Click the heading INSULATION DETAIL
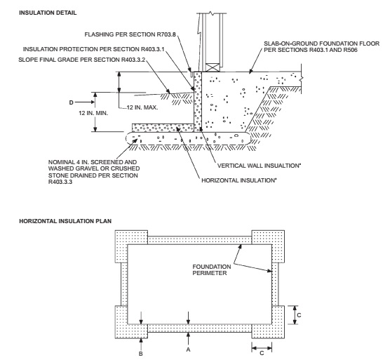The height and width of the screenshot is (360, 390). [48, 13]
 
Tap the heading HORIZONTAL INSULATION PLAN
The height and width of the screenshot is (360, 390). [65, 221]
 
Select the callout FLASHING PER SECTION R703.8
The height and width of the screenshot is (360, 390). [130, 34]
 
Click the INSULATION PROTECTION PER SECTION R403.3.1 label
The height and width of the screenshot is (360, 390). [94, 49]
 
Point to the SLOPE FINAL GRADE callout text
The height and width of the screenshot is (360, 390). [81, 60]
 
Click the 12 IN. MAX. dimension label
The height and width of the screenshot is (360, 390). [142, 107]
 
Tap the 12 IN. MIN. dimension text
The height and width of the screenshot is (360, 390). [93, 113]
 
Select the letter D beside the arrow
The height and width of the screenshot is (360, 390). [71, 102]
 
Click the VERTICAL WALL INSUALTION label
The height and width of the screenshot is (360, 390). [259, 166]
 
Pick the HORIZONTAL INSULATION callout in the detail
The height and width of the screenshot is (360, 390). [239, 180]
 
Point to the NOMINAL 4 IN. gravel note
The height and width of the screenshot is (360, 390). [94, 172]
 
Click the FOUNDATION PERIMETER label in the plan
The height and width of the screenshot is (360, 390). [212, 270]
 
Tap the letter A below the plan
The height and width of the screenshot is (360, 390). [188, 349]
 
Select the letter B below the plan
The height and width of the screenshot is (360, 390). [141, 354]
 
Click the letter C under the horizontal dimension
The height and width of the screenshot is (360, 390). [262, 353]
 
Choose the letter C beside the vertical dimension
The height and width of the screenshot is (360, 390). [299, 315]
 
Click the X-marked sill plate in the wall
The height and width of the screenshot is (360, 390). [213, 67]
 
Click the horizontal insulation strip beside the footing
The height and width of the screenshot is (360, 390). [163, 128]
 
